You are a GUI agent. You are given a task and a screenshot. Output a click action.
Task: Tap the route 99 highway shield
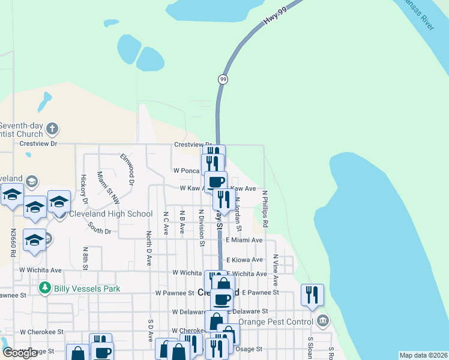click(x=223, y=79)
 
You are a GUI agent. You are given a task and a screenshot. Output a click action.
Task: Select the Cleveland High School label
click(x=111, y=214)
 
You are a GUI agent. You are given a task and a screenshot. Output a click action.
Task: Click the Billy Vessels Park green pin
click(x=44, y=289)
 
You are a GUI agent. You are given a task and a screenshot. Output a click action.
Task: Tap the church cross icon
click(x=52, y=128)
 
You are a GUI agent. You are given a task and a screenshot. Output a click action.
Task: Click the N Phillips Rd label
click(x=265, y=208)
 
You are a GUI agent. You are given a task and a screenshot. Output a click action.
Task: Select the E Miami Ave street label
click(x=244, y=240)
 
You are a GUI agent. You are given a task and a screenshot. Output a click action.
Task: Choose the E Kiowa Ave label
click(x=244, y=260)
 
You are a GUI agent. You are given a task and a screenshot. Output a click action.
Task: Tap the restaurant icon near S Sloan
click(x=312, y=295)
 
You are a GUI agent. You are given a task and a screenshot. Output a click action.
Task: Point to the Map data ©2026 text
click(x=423, y=355)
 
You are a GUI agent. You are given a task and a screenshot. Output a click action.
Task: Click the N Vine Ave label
click(x=276, y=269)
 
